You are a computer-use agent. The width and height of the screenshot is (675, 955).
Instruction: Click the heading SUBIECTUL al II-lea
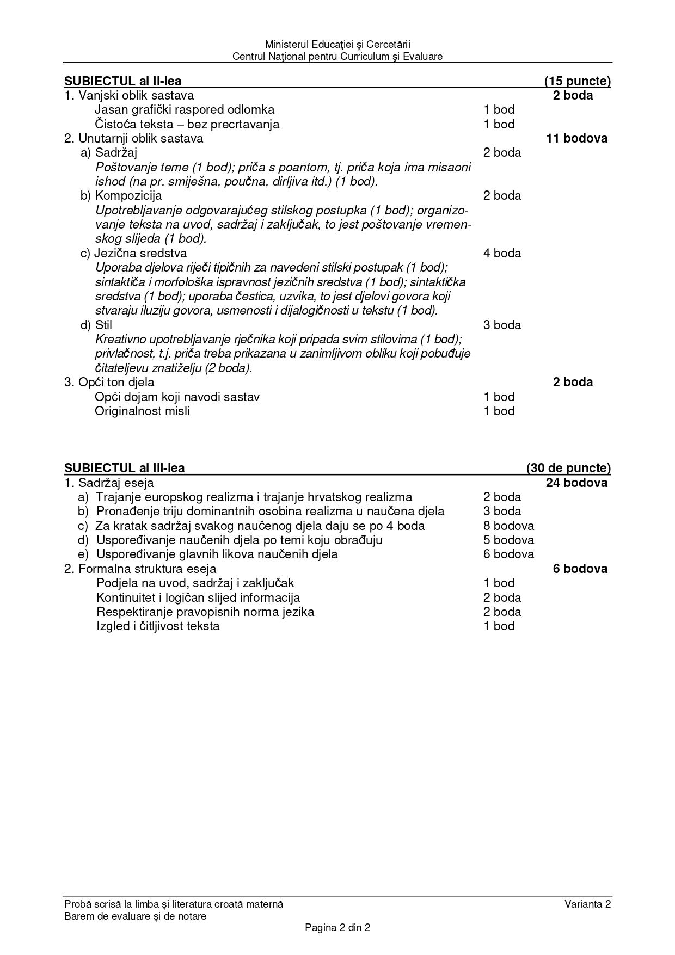pyautogui.click(x=123, y=82)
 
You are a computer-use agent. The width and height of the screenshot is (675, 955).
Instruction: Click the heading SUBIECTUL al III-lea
pyautogui.click(x=125, y=468)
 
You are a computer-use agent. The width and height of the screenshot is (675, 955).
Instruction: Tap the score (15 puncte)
pyautogui.click(x=577, y=82)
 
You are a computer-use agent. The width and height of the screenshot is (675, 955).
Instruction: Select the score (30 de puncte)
pyautogui.click(x=568, y=468)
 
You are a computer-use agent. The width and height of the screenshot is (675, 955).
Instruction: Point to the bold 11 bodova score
pyautogui.click(x=576, y=138)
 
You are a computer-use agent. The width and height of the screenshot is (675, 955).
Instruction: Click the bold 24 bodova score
pyautogui.click(x=576, y=483)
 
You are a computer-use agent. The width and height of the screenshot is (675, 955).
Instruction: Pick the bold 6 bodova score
pyautogui.click(x=580, y=569)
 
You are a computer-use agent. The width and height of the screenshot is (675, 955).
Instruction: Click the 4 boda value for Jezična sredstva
pyautogui.click(x=502, y=253)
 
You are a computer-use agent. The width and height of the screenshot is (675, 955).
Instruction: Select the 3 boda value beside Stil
pyautogui.click(x=502, y=325)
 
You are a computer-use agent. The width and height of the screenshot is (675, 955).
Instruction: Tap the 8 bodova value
pyautogui.click(x=508, y=526)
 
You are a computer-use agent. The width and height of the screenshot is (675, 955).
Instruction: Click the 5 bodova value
pyautogui.click(x=508, y=540)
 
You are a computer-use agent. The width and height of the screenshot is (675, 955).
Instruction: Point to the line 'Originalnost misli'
pyautogui.click(x=142, y=411)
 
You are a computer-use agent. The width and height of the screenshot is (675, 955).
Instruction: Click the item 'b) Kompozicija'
pyautogui.click(x=121, y=195)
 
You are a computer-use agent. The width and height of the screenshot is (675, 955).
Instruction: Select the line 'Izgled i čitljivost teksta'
pyautogui.click(x=158, y=626)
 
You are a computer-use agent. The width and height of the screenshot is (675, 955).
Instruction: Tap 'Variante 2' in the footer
pyautogui.click(x=587, y=904)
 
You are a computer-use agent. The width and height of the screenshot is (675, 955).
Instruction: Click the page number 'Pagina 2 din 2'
pyautogui.click(x=337, y=928)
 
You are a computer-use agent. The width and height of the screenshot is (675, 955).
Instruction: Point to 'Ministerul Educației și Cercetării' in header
pyautogui.click(x=337, y=44)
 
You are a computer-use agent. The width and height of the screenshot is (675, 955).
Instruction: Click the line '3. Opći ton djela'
pyautogui.click(x=109, y=382)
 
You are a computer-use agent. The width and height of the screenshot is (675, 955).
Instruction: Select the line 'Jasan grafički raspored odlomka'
pyautogui.click(x=185, y=110)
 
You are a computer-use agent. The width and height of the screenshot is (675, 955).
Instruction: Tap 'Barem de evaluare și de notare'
pyautogui.click(x=135, y=916)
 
